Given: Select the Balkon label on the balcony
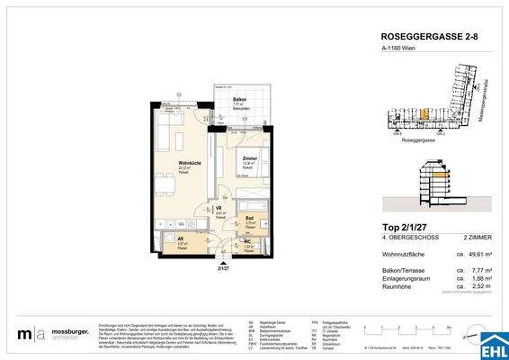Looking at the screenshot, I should click(x=240, y=99).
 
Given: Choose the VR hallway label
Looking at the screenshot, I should click(x=219, y=209).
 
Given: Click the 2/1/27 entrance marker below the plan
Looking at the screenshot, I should click(x=223, y=267).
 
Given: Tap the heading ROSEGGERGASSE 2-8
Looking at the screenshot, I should click(x=422, y=37).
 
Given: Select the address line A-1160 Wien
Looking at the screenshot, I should click(x=400, y=52).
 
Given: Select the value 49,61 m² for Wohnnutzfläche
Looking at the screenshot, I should click(x=477, y=255).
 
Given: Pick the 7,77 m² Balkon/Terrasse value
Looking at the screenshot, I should click(x=478, y=270).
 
